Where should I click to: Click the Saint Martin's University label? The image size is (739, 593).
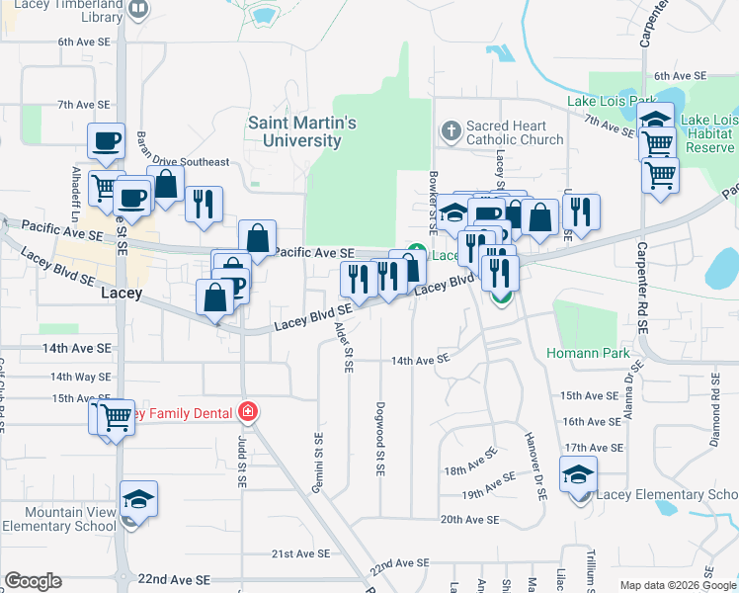point(301,131)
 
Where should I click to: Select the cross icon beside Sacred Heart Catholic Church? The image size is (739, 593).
point(451,129)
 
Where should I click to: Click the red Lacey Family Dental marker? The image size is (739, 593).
point(248,412)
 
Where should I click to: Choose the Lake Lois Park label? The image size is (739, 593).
point(613,101)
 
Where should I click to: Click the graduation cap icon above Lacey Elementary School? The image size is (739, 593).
point(579,474)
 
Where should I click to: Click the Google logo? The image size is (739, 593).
point(34,581)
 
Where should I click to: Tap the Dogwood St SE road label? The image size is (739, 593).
point(379,436)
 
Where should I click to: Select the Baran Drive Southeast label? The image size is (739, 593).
point(182,162)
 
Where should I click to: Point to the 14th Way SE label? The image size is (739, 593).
point(80,377)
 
